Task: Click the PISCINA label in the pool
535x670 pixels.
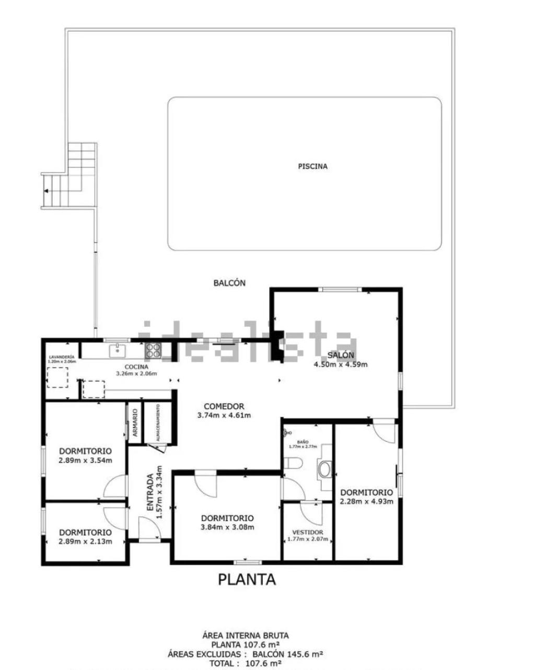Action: point(312,167)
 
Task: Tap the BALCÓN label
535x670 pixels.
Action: point(229,283)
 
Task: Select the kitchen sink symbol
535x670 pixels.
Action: point(118,350)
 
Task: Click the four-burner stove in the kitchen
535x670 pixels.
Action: point(154,351)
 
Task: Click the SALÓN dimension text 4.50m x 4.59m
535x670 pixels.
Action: point(340,365)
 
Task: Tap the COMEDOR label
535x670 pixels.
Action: point(224,406)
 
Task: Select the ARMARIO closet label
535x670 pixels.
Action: point(135,423)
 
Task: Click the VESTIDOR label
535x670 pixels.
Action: point(308,532)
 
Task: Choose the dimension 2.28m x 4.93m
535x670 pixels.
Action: point(366,502)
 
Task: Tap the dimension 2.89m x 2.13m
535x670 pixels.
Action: point(85,542)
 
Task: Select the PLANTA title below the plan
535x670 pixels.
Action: point(247,579)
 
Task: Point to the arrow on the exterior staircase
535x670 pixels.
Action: point(47,191)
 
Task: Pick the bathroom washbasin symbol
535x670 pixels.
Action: point(325,469)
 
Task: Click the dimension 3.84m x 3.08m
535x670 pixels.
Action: point(228,527)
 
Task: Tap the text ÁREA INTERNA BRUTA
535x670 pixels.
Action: point(245,636)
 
